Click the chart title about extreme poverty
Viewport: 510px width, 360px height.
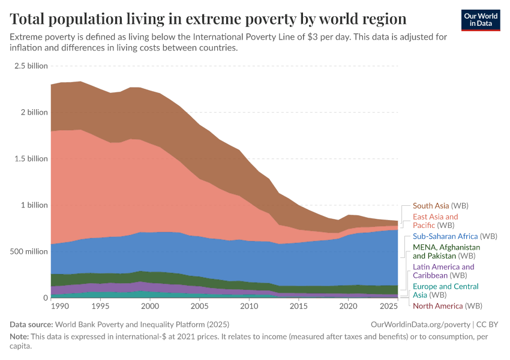208,18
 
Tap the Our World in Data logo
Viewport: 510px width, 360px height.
482,19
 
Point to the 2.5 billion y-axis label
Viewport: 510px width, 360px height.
31,66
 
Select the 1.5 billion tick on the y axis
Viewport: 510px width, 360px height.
31,159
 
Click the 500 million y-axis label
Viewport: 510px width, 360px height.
28,251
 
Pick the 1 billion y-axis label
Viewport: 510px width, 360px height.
34,205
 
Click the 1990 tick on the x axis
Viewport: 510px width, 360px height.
60,307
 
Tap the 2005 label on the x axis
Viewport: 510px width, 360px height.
199,307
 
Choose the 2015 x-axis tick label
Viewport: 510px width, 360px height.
297,307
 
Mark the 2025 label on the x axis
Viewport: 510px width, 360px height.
388,307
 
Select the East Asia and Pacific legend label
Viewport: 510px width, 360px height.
435,221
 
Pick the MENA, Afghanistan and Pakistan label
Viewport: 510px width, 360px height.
446,251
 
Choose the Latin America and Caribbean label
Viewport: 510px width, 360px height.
443,271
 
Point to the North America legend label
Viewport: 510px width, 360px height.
438,306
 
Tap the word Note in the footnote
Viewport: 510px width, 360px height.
20,336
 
